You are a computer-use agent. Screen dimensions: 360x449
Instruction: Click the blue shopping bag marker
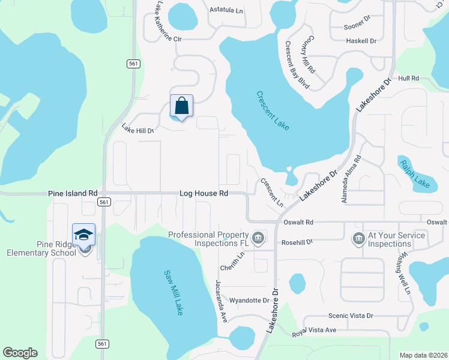pos(181,107)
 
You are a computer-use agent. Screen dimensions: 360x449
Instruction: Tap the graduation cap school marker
pos(83,234)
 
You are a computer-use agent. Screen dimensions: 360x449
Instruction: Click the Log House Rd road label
pos(204,194)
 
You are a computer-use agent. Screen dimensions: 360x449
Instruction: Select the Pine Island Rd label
pos(73,194)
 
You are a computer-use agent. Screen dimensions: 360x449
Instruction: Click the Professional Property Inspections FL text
pos(208,239)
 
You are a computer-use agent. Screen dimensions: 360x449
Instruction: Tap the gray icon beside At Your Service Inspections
pos(360,238)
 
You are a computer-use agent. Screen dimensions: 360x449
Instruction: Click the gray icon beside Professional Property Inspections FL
pos(258,238)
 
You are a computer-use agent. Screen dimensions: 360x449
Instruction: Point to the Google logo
pos(20,353)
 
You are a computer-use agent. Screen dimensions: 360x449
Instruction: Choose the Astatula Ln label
pos(226,10)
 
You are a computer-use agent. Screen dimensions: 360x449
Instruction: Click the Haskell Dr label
pos(361,41)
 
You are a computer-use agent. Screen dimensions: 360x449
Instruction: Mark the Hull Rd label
pos(408,79)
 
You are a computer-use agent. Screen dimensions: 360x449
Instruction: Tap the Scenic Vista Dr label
pos(351,316)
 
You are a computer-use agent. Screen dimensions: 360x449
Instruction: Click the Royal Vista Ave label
pos(314,331)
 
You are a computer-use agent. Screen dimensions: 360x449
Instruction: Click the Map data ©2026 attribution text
pos(423,355)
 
